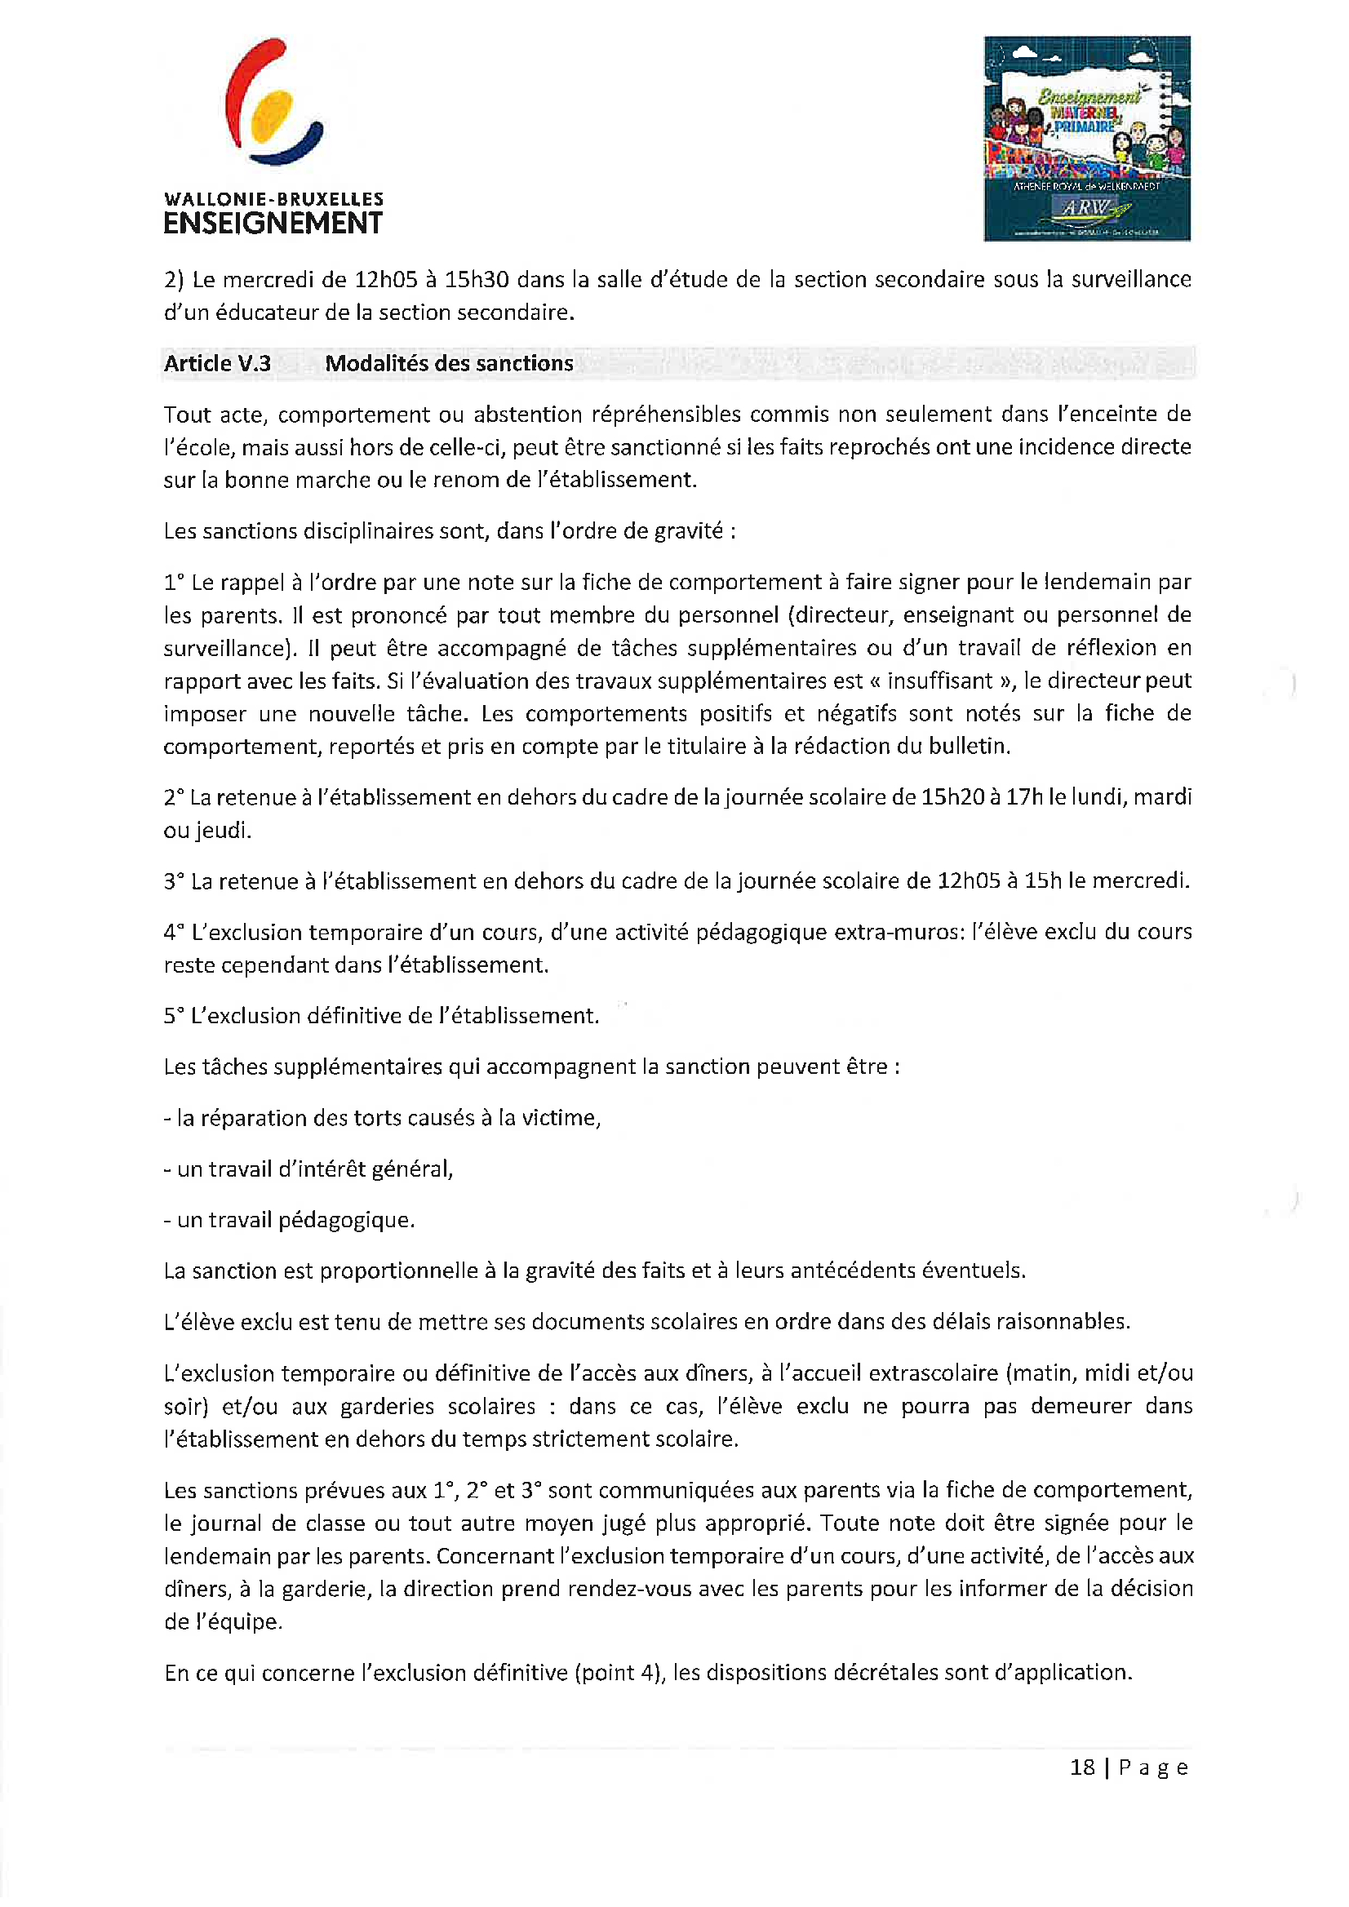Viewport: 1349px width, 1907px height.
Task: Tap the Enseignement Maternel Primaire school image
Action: pos(1086,139)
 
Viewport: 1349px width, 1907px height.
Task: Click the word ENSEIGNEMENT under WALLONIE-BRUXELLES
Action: pos(273,224)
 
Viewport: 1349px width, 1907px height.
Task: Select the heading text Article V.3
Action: pos(217,364)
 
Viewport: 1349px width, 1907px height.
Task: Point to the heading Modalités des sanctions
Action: pos(449,364)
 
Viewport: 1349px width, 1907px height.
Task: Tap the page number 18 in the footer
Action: pos(1081,1767)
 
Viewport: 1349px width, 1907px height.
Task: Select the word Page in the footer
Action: pos(1153,1767)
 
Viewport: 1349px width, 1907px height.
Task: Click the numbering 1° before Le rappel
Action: pos(174,583)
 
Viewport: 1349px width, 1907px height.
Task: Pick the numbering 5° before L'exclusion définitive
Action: pos(174,1016)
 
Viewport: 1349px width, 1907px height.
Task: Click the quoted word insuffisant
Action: pos(940,681)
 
